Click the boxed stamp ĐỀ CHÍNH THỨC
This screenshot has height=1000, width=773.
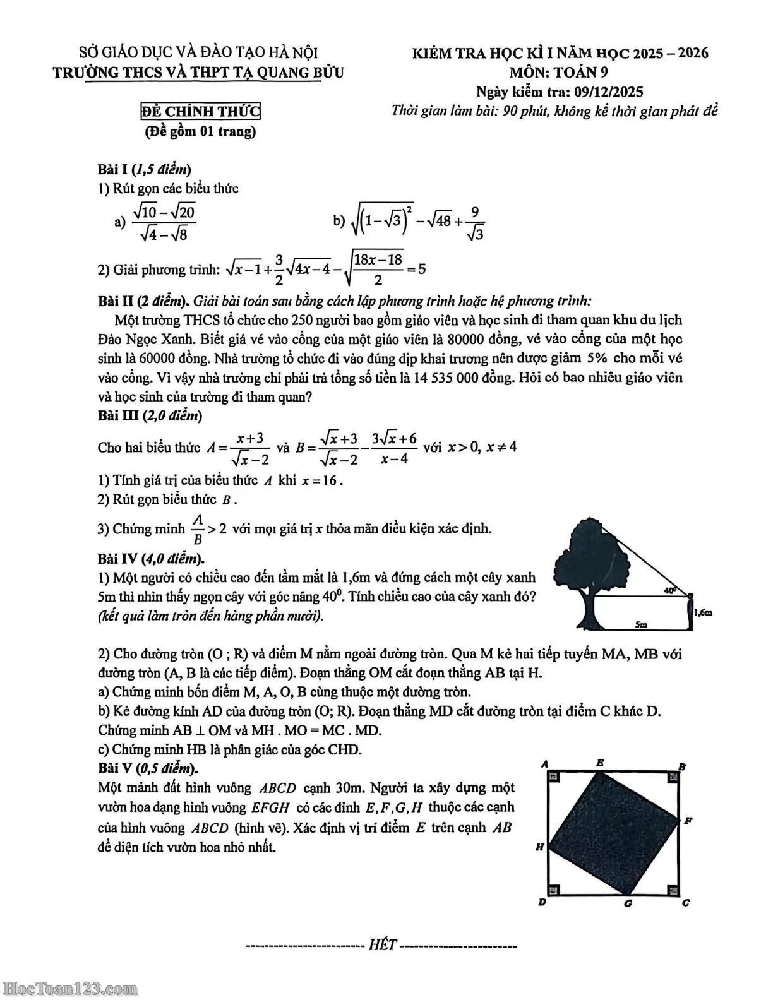[200, 112]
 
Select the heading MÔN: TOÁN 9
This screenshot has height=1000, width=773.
[560, 72]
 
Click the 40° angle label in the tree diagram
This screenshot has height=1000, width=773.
[670, 590]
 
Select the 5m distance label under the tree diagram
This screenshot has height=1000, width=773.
[641, 624]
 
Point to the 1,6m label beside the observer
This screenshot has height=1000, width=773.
[704, 612]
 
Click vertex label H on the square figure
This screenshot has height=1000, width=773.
[540, 847]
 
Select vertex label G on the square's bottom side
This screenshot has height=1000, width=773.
[628, 903]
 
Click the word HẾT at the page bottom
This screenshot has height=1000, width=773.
[382, 944]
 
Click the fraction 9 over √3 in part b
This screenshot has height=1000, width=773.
[475, 223]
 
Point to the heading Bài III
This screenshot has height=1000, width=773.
[118, 415]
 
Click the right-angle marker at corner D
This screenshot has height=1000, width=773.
[554, 890]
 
